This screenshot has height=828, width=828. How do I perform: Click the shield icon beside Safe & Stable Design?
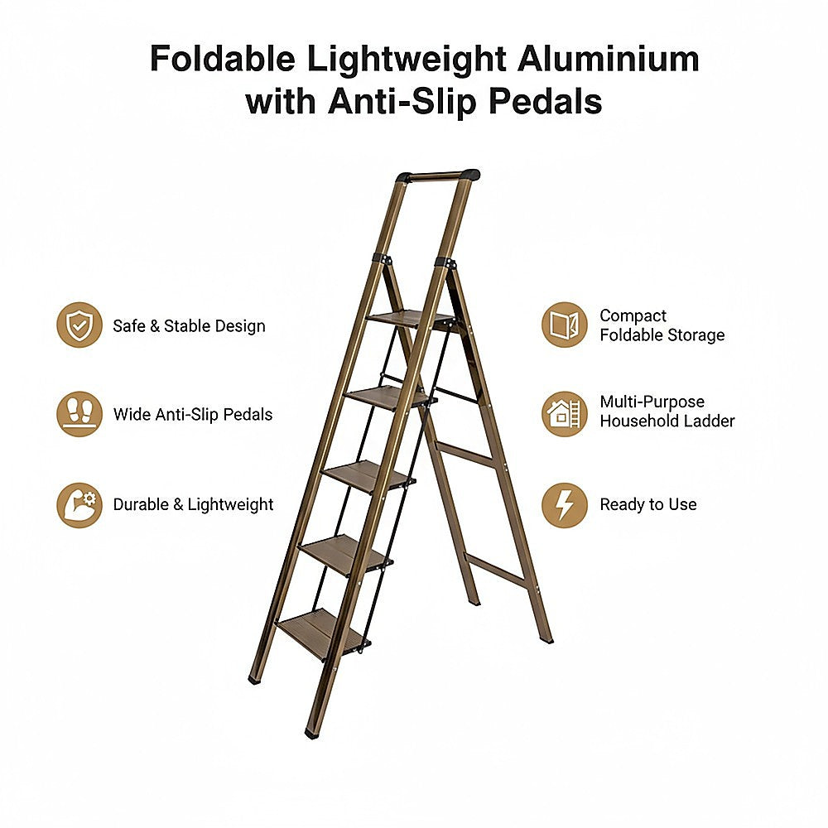(x=79, y=325)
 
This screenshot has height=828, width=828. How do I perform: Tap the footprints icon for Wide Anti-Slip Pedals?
(x=79, y=414)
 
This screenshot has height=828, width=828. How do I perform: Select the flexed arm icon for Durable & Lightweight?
(x=79, y=504)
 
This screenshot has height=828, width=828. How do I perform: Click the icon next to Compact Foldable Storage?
(x=565, y=325)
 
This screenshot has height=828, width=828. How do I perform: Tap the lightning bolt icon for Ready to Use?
(x=565, y=504)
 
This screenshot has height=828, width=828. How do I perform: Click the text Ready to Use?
(x=648, y=504)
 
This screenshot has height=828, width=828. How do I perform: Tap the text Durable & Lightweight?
(x=193, y=504)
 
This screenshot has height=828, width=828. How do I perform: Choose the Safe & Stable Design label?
(x=189, y=325)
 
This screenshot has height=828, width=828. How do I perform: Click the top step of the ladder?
(x=411, y=319)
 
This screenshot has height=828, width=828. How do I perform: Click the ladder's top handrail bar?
(x=438, y=176)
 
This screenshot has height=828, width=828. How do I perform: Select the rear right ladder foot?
(x=546, y=638)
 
